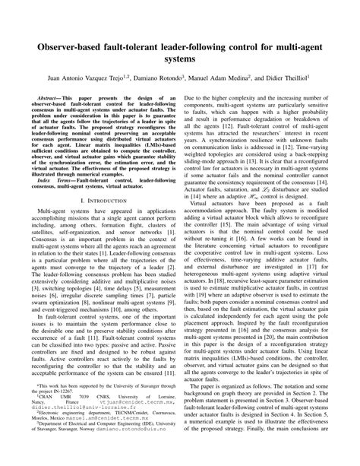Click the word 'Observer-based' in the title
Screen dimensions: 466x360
point(68,44)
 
